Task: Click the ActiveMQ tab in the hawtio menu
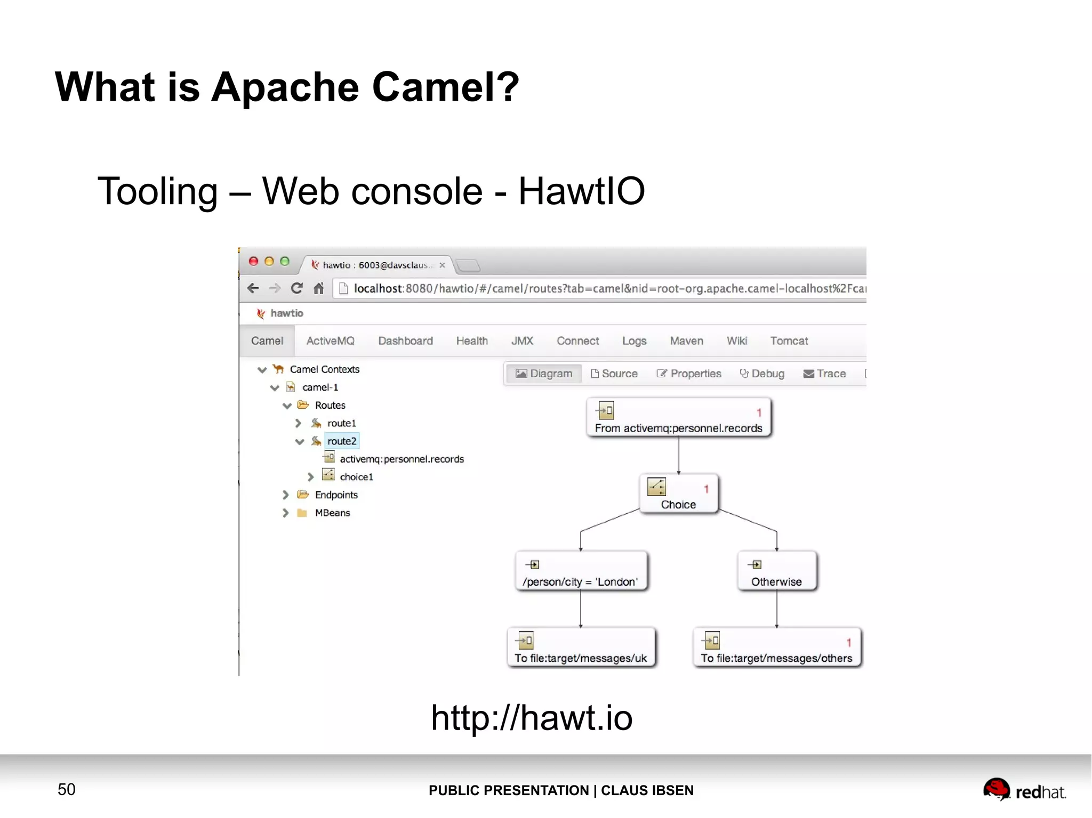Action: tap(330, 341)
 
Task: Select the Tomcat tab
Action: tap(789, 341)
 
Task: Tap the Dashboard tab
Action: tap(405, 341)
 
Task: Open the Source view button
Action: tap(614, 374)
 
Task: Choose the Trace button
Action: tap(824, 374)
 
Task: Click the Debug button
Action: tap(762, 374)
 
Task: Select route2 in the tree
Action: tap(342, 441)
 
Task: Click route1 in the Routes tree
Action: tap(341, 423)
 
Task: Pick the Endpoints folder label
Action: tap(336, 495)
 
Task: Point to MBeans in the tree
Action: tap(332, 513)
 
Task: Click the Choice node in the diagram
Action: tap(678, 494)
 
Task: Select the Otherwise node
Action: tap(776, 571)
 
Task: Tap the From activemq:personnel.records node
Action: tap(678, 418)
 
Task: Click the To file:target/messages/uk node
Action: tap(581, 648)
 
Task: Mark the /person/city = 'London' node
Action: tap(581, 571)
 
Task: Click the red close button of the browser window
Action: tap(254, 261)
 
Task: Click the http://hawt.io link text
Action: tap(532, 717)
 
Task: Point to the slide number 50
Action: tap(67, 789)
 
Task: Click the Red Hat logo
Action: tap(1024, 790)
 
